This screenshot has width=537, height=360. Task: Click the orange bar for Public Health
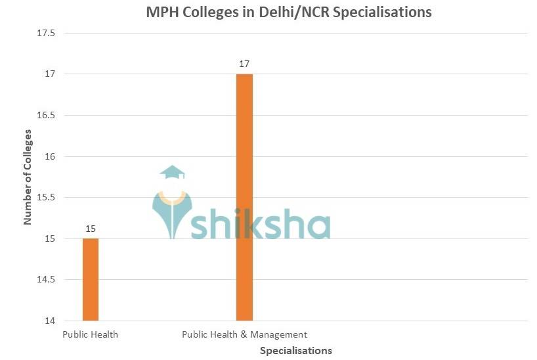(x=91, y=280)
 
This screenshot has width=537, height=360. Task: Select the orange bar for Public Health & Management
(x=244, y=197)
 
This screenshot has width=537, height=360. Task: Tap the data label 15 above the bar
(x=91, y=229)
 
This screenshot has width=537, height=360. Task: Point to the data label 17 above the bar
(x=244, y=64)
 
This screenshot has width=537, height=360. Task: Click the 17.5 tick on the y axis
(x=49, y=33)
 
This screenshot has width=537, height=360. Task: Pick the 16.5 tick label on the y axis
(x=49, y=115)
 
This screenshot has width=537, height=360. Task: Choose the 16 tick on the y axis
(x=53, y=156)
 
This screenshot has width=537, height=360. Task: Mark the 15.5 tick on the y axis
(x=49, y=198)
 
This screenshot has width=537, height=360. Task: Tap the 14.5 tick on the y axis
(x=49, y=280)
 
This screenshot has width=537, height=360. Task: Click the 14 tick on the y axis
(x=53, y=321)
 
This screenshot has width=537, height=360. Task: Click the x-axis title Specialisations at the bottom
(x=295, y=350)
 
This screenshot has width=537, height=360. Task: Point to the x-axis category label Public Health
(x=91, y=334)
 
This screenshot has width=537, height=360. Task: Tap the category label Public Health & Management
(x=244, y=334)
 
